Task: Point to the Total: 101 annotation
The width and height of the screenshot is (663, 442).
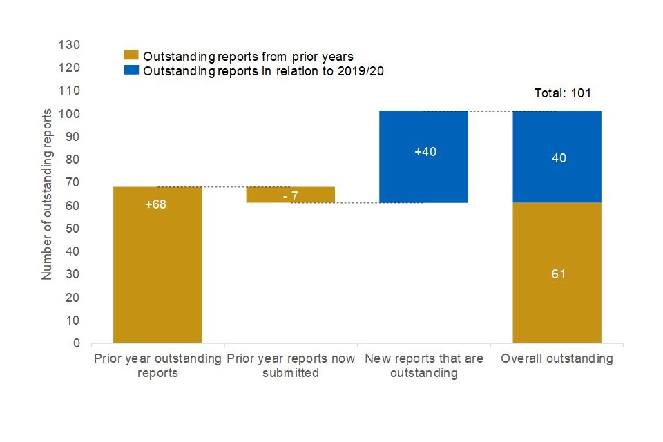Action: pyautogui.click(x=563, y=93)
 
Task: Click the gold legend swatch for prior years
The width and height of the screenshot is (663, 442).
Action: pyautogui.click(x=131, y=56)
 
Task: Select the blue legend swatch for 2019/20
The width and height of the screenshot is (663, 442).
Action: pyautogui.click(x=131, y=70)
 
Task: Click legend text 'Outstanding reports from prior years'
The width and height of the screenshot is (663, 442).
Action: pyautogui.click(x=248, y=56)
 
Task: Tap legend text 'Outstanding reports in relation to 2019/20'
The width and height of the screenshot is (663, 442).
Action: pyautogui.click(x=262, y=70)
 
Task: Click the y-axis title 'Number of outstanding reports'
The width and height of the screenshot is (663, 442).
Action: pyautogui.click(x=47, y=194)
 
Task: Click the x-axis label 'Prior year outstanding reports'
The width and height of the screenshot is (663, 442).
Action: pyautogui.click(x=157, y=365)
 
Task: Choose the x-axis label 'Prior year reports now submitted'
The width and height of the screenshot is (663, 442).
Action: pyautogui.click(x=291, y=365)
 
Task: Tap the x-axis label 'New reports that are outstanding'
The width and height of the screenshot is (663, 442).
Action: pyautogui.click(x=424, y=365)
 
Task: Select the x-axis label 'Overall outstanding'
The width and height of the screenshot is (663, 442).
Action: pyautogui.click(x=557, y=358)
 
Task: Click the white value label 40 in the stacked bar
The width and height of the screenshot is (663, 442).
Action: pyautogui.click(x=559, y=158)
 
